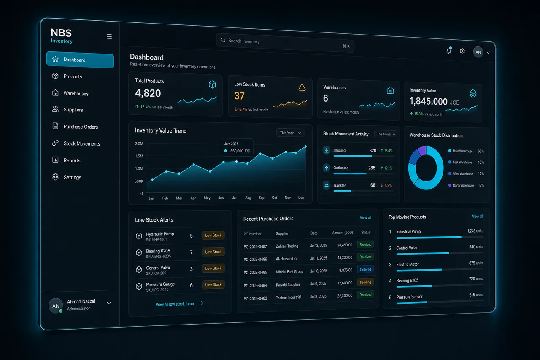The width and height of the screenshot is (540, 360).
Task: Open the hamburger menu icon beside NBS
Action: click(109, 36)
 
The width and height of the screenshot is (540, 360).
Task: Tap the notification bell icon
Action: click(448, 50)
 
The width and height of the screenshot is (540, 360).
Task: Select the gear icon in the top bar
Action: click(462, 51)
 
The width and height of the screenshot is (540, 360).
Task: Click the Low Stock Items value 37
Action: click(239, 96)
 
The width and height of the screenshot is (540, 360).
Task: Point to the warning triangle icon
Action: click(302, 87)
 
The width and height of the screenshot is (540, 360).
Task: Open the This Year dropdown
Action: click(290, 133)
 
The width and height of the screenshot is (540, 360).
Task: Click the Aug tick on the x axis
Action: click(248, 198)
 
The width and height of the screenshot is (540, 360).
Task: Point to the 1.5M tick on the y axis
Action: click(139, 156)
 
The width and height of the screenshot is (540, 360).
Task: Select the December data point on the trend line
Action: click(306, 146)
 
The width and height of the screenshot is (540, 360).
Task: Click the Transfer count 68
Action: click(373, 185)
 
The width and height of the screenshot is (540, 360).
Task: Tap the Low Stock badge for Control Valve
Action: click(213, 268)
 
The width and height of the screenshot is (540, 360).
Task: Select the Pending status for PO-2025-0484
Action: click(365, 282)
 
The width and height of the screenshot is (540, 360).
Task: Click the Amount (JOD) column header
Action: click(342, 233)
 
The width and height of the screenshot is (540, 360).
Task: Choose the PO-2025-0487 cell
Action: click(255, 246)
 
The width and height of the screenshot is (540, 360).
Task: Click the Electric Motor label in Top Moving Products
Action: click(408, 264)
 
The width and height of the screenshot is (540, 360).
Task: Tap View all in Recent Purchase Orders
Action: click(365, 217)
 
